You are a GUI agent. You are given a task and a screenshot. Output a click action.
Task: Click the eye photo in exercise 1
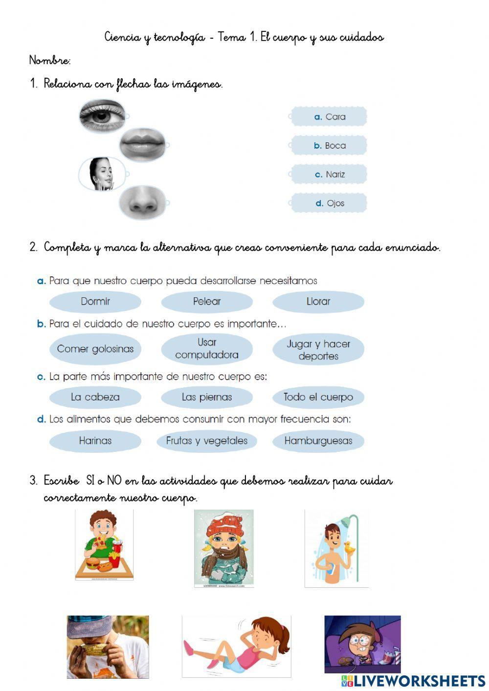[x=102, y=116]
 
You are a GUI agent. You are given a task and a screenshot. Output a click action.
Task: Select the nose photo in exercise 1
[x=142, y=201]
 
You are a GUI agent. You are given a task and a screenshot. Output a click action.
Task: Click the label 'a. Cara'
[x=329, y=117]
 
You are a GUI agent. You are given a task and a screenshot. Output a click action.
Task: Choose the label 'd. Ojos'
[x=329, y=203]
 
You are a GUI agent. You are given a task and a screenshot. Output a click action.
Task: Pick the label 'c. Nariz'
[x=329, y=174]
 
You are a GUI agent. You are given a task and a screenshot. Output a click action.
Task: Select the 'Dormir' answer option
[x=95, y=301]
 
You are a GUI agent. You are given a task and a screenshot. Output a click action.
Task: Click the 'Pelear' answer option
[x=207, y=301]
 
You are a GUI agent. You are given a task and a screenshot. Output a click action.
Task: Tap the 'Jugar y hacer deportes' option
[x=318, y=350]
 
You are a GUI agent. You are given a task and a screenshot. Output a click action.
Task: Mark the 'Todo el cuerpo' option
[x=318, y=397]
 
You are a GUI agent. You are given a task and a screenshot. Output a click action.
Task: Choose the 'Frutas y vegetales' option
[x=207, y=441]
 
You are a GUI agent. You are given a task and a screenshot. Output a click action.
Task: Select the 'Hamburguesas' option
[x=318, y=441]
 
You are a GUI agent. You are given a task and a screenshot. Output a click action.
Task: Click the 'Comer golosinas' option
[x=95, y=349]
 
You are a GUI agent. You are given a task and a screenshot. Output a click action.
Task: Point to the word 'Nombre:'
[x=50, y=61]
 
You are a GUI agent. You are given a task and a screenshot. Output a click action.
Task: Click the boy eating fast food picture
[x=104, y=545]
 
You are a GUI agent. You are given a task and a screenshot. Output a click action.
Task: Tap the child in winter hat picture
[x=224, y=548]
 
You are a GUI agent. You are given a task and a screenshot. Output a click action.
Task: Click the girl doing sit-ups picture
[x=236, y=646]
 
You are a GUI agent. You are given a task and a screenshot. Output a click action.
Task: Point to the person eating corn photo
[x=108, y=646]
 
